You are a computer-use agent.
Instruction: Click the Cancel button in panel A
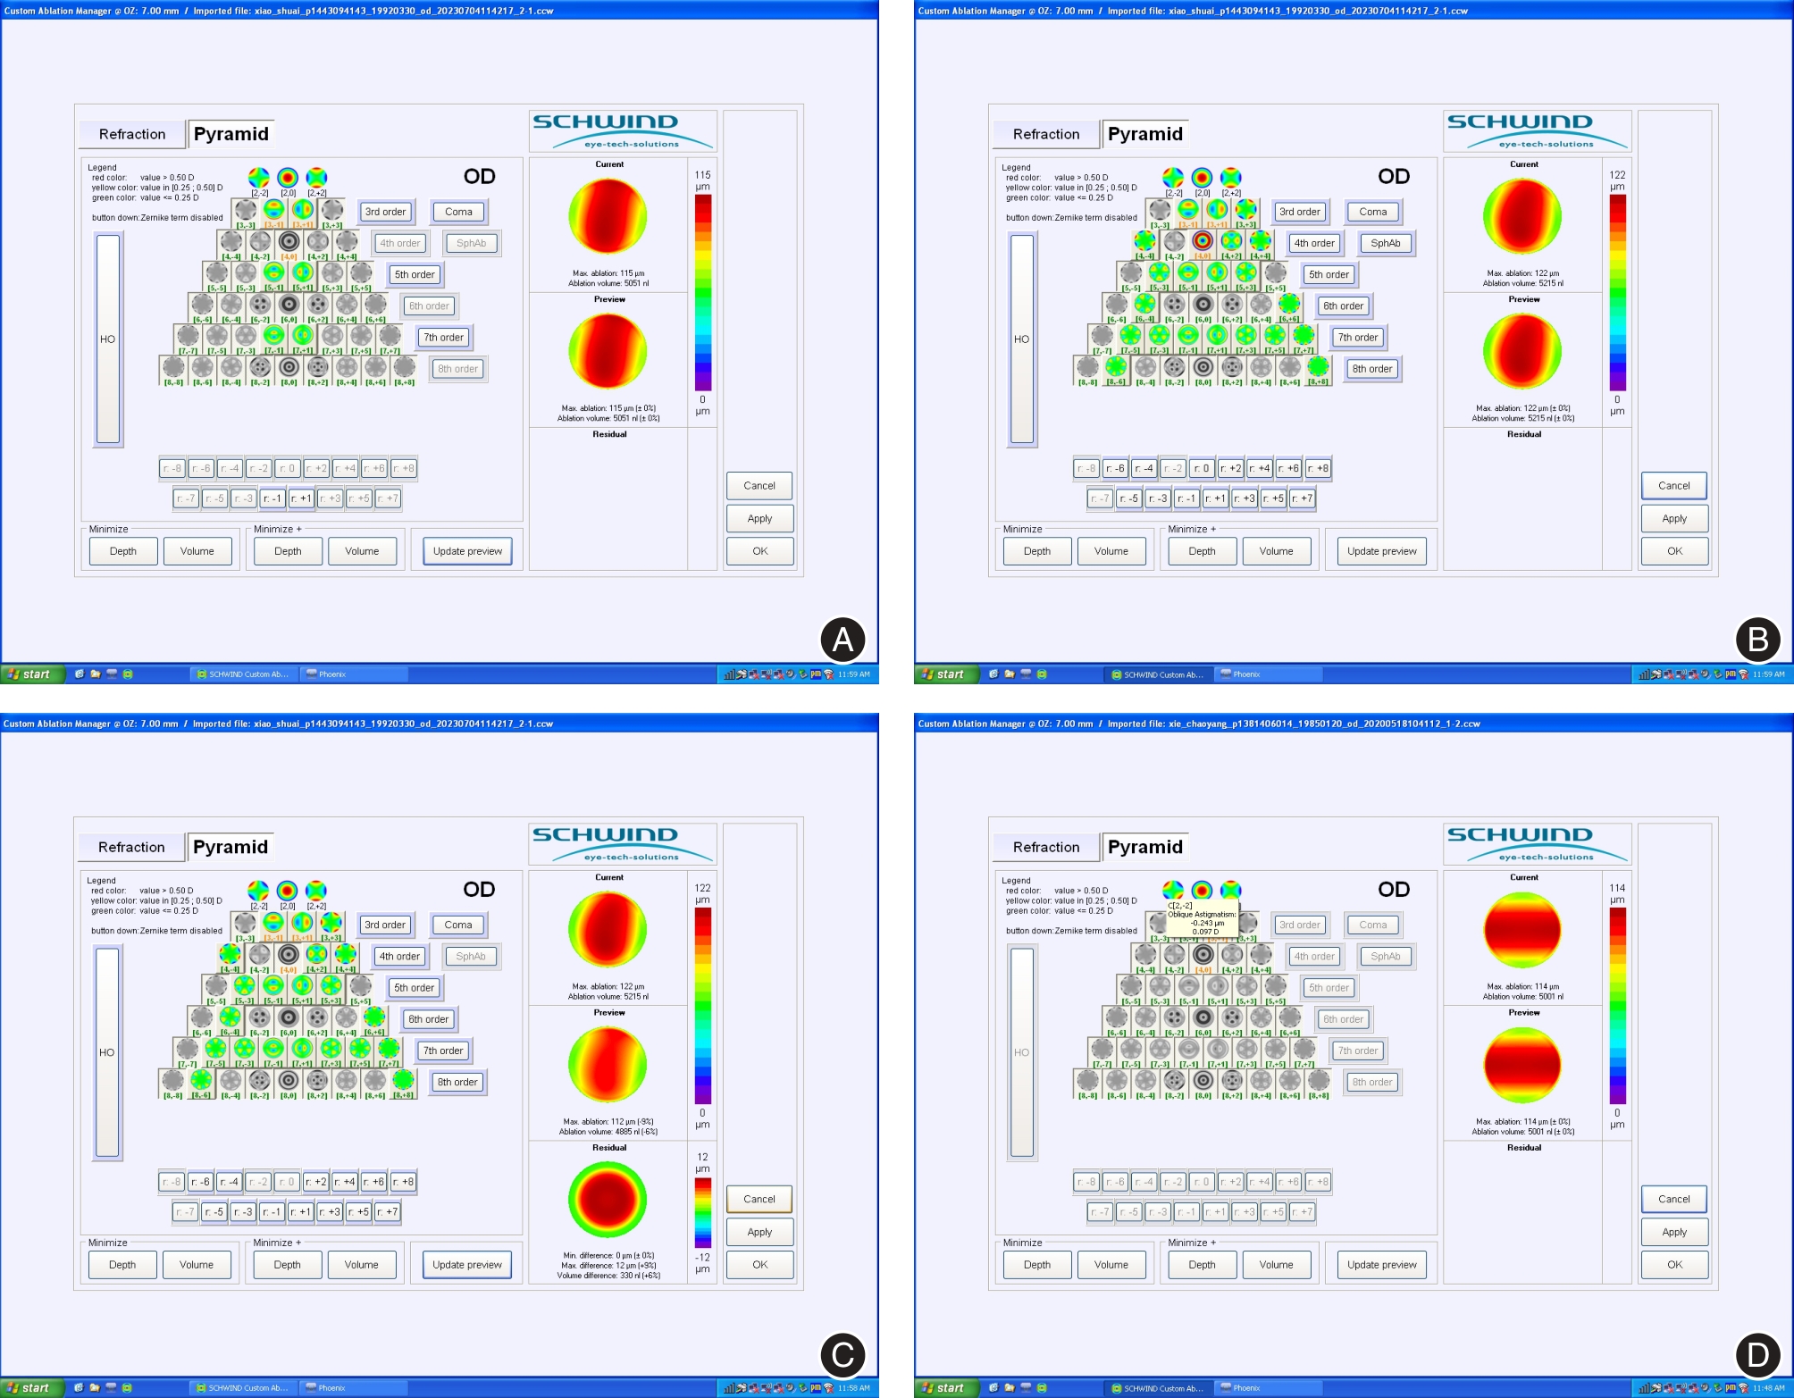click(x=759, y=486)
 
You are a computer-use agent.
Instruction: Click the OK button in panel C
click(x=759, y=1264)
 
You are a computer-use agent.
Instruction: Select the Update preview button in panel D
click(x=1381, y=1264)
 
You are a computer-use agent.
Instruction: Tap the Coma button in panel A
click(x=458, y=212)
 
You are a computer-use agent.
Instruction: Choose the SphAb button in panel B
click(x=1385, y=243)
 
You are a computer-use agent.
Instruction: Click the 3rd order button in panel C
click(x=385, y=925)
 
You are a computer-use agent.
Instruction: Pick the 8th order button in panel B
click(x=1371, y=369)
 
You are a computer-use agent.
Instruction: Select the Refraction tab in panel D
click(x=1046, y=847)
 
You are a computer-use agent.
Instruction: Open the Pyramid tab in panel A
click(x=231, y=134)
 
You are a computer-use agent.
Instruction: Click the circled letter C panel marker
click(x=843, y=1354)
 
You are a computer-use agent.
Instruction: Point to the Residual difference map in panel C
click(x=608, y=1200)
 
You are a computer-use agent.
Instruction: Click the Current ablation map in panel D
click(x=1522, y=930)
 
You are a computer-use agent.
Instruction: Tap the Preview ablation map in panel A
click(x=608, y=351)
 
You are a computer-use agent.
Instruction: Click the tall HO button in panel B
click(x=1022, y=339)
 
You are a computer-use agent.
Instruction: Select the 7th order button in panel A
click(x=443, y=338)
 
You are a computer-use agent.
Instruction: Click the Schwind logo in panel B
click(x=1538, y=130)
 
